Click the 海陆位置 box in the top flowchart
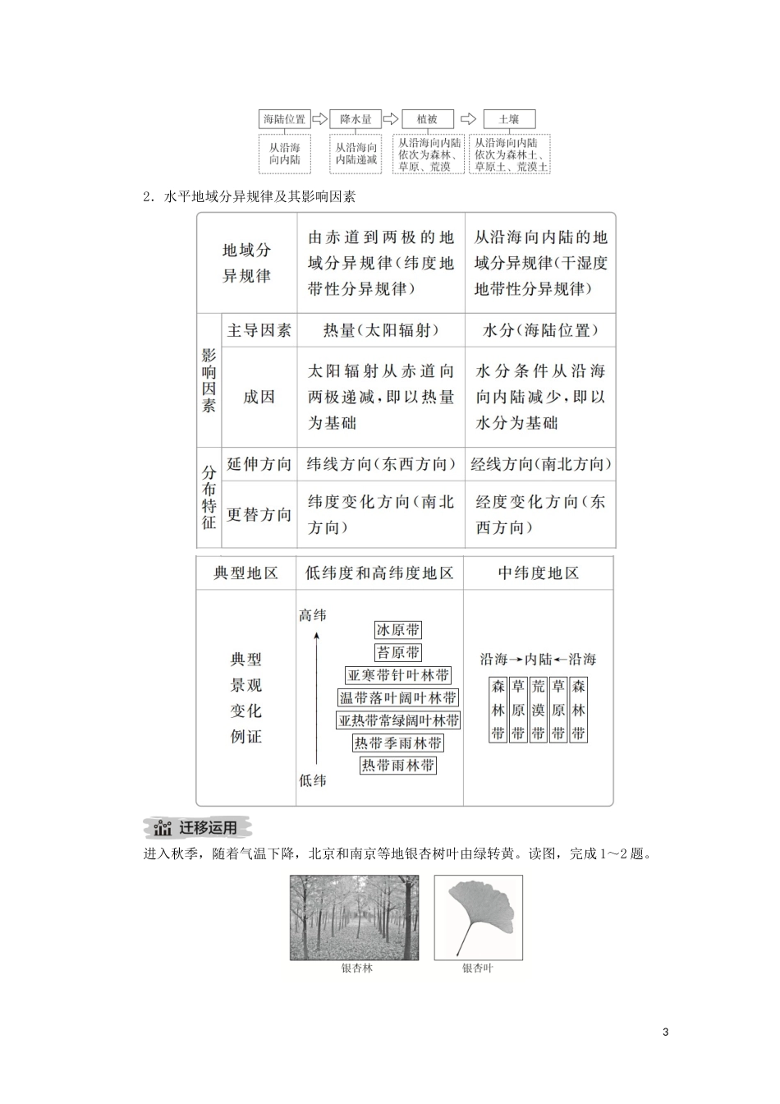284,119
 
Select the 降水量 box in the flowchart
356,119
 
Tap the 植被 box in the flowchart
427,119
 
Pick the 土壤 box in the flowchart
509,119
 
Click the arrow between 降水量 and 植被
390,119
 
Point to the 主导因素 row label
259,330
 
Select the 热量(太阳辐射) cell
381,330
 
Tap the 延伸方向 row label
259,464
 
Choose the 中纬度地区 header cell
538,573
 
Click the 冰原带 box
398,630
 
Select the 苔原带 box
398,652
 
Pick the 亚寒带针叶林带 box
398,675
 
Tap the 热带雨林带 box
398,766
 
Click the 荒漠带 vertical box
538,710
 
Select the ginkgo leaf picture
478,916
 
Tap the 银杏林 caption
357,968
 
